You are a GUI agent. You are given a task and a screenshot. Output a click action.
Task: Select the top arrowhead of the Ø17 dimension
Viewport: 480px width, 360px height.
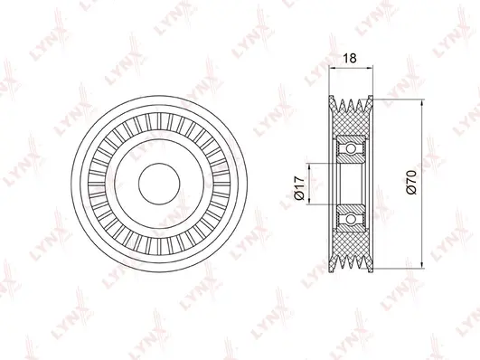tap(310, 163)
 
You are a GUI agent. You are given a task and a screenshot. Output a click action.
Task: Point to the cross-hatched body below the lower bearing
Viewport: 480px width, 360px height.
tap(350, 244)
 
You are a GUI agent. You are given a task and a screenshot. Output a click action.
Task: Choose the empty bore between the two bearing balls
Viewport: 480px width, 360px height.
tap(350, 181)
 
